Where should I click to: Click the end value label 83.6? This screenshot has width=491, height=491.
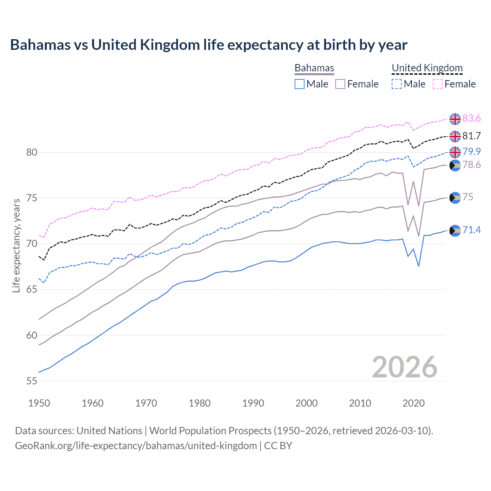coord(471,119)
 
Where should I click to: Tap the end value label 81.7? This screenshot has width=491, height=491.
coord(471,136)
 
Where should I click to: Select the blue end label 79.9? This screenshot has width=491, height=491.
coord(471,152)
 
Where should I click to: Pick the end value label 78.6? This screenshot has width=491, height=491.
coord(471,165)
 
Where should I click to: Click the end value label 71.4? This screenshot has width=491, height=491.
coord(471,230)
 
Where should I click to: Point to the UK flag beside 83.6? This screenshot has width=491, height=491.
coord(455,119)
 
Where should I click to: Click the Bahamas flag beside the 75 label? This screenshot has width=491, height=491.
coord(455,198)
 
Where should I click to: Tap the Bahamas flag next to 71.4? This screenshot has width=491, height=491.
coord(455,231)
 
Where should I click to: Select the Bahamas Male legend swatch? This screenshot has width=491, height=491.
coord(300,84)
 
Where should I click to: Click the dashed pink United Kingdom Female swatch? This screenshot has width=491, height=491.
coord(438,84)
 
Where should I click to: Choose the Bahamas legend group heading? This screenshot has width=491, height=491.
coord(314,68)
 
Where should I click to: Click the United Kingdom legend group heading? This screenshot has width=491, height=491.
coord(427,68)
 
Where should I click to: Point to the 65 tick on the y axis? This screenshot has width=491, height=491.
coord(32,290)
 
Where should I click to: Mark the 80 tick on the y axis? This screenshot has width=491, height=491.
coord(32,152)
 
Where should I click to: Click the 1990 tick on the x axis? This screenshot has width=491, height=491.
coord(253,403)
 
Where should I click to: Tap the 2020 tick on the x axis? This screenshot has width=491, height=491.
coord(414,403)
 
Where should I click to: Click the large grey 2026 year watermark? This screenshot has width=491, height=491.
coord(405,367)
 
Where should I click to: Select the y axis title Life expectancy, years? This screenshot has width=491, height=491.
coord(16,245)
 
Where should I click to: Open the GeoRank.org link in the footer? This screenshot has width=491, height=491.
coord(136,446)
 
